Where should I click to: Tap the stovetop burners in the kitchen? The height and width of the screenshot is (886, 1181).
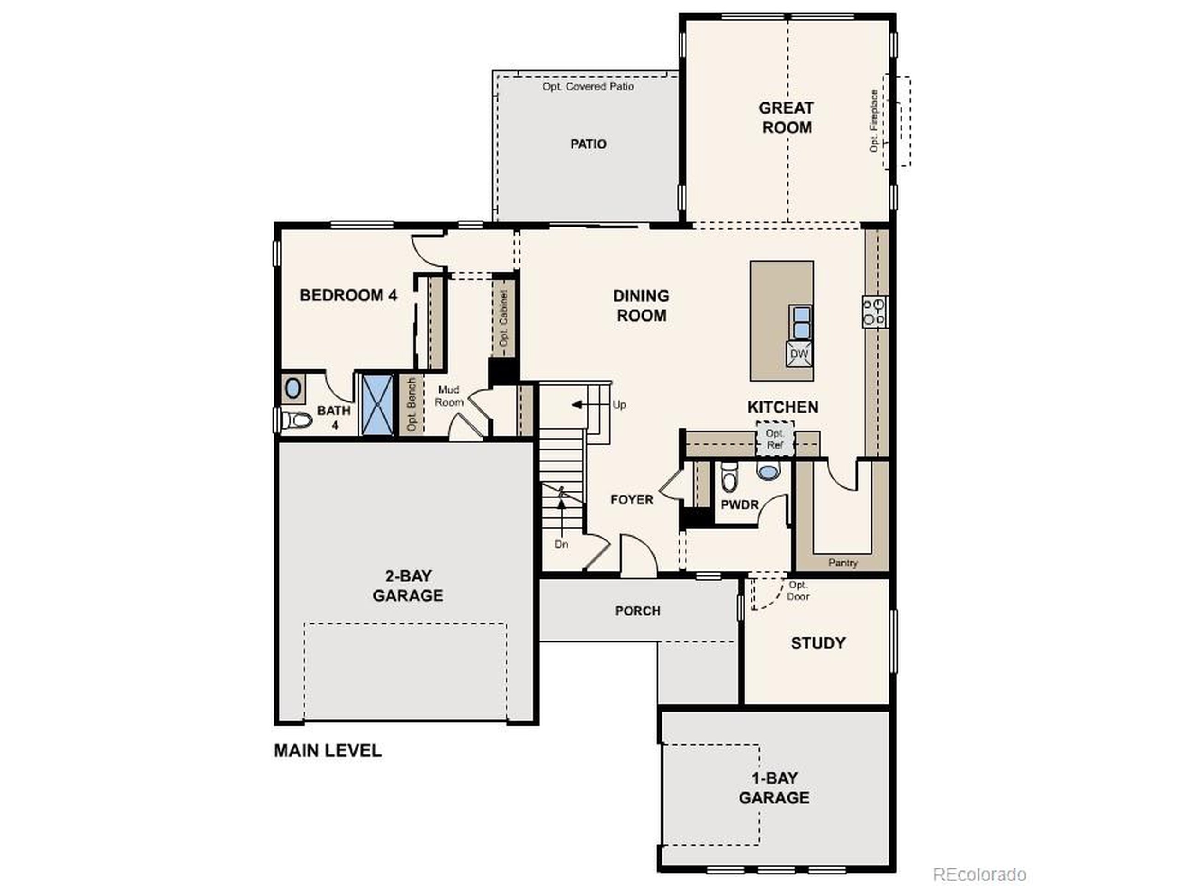coord(875,312)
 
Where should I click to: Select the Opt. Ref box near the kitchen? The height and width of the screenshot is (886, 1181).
coord(775,439)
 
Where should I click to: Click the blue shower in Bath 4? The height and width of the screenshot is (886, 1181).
coord(378,405)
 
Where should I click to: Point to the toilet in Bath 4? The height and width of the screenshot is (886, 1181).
coord(295,420)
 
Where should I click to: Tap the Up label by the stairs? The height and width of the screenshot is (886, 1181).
coord(619,405)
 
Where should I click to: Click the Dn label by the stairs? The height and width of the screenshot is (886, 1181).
coord(561,544)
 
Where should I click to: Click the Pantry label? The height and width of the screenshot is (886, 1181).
coord(842,563)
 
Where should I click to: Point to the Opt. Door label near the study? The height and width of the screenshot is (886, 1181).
coord(798,591)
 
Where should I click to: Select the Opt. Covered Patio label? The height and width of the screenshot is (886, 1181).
coord(588,86)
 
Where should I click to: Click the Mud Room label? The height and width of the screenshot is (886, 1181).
coord(448,396)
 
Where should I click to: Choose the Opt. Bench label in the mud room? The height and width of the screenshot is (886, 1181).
coord(411,404)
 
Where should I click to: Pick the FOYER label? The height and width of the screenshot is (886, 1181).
coord(632,499)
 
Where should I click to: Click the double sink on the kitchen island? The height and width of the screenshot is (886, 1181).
coord(801,323)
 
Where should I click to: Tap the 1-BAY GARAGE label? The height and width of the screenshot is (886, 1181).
coord(774,788)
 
